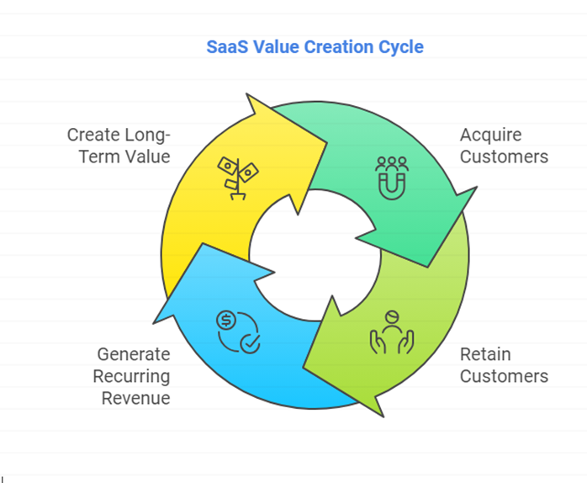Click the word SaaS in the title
pos(227,47)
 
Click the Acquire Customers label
pos(504,146)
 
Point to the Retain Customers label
pos(504,365)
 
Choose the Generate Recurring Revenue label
pos(131,376)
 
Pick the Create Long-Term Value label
pos(119,146)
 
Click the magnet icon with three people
pos(392,178)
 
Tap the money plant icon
pos(238,178)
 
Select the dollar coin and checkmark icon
pos(239,332)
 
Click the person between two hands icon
pos(392,332)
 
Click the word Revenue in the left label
pos(136,398)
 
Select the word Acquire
pos(491,135)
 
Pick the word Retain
pos(485,354)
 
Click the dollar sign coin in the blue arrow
pos(226,321)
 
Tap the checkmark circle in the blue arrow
pos(250,343)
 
